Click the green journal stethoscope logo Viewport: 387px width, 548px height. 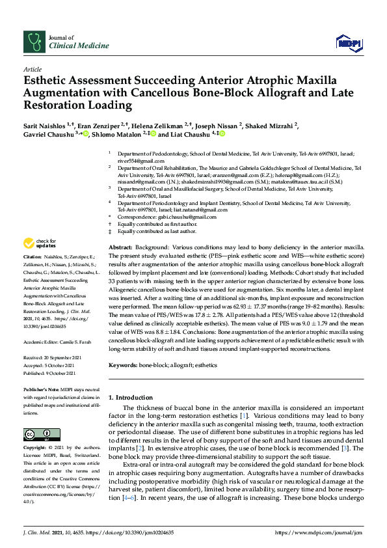[33, 42]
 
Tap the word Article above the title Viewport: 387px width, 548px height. [32, 69]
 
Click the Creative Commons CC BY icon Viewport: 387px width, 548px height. [37, 435]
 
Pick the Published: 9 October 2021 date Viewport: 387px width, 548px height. [49, 373]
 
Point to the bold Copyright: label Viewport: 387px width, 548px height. [36, 448]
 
